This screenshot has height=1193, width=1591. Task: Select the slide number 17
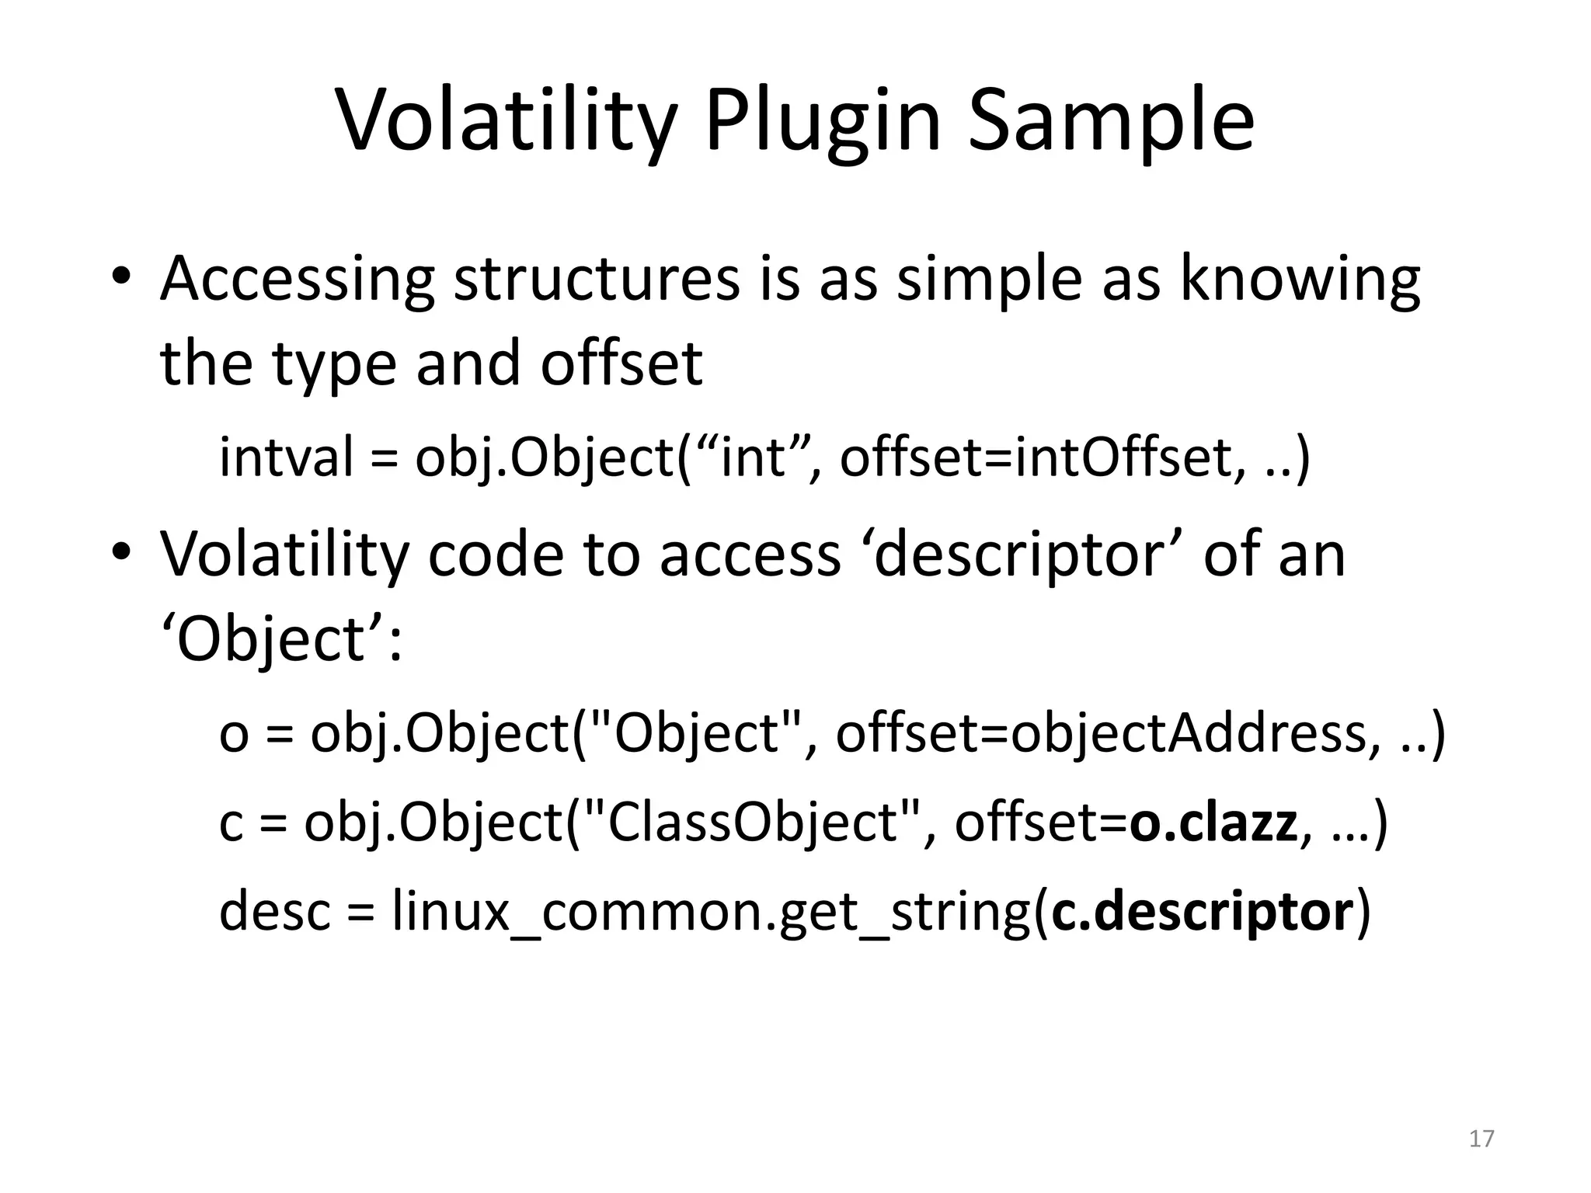[x=1481, y=1139]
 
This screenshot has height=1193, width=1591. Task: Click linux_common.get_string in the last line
[x=711, y=913]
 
